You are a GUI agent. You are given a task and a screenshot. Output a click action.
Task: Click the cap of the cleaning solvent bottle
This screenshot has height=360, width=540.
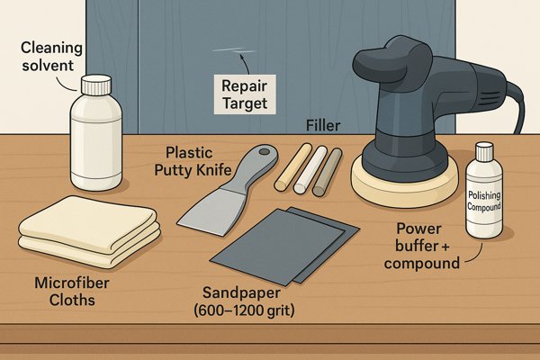tap(96, 85)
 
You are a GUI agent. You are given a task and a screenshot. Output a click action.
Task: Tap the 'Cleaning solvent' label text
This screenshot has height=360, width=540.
tap(51, 57)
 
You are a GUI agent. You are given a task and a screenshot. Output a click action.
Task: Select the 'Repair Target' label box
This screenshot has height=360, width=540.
tap(245, 94)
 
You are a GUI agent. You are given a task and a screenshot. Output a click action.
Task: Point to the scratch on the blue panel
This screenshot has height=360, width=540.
tap(235, 50)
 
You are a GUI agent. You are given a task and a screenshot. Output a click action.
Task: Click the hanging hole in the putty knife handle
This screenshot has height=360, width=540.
tap(265, 151)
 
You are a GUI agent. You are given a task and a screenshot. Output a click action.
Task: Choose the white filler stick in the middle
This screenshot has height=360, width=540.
tap(310, 169)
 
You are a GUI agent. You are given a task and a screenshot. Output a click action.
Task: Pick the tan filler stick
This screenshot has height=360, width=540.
tap(293, 167)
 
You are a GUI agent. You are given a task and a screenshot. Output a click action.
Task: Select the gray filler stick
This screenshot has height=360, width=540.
tap(328, 172)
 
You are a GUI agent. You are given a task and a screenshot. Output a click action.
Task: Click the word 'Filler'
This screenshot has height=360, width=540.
tap(323, 126)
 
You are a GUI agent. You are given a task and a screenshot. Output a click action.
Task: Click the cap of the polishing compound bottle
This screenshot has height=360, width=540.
tap(484, 152)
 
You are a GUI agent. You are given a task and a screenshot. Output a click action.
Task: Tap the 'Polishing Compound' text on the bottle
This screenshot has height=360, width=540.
tap(484, 201)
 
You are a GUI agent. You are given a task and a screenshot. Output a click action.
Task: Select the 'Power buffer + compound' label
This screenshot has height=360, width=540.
tap(422, 246)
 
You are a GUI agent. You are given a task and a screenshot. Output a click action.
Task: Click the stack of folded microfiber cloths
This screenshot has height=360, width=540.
tap(89, 231)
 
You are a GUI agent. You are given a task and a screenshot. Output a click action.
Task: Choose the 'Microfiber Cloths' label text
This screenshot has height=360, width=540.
tap(72, 292)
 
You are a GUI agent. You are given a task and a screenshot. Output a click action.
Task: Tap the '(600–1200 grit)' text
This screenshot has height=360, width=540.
tap(244, 310)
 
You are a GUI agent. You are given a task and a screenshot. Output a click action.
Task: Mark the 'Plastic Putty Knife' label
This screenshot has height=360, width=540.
tap(193, 161)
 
